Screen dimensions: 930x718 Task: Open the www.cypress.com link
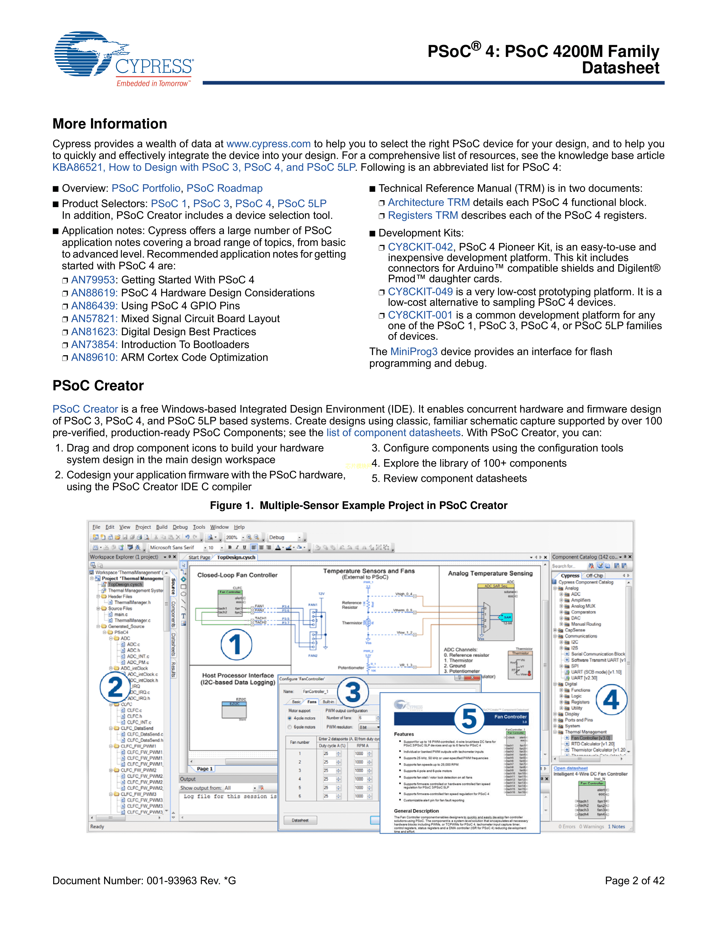pyautogui.click(x=268, y=144)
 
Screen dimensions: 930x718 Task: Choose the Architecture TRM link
pyautogui.click(x=429, y=202)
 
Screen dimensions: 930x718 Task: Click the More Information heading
pyautogui.click(x=110, y=124)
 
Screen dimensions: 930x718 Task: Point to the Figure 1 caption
pyautogui.click(x=358, y=506)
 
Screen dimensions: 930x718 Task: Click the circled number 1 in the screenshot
pyautogui.click(x=236, y=644)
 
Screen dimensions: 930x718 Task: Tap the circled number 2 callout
pyautogui.click(x=115, y=687)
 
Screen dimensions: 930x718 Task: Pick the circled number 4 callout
pyautogui.click(x=611, y=699)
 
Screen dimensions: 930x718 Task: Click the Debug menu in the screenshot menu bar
pyautogui.click(x=180, y=527)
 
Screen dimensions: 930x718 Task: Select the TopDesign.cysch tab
pyautogui.click(x=236, y=557)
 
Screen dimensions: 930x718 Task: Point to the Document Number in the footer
pyautogui.click(x=144, y=881)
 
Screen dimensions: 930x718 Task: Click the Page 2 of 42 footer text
pyautogui.click(x=634, y=881)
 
